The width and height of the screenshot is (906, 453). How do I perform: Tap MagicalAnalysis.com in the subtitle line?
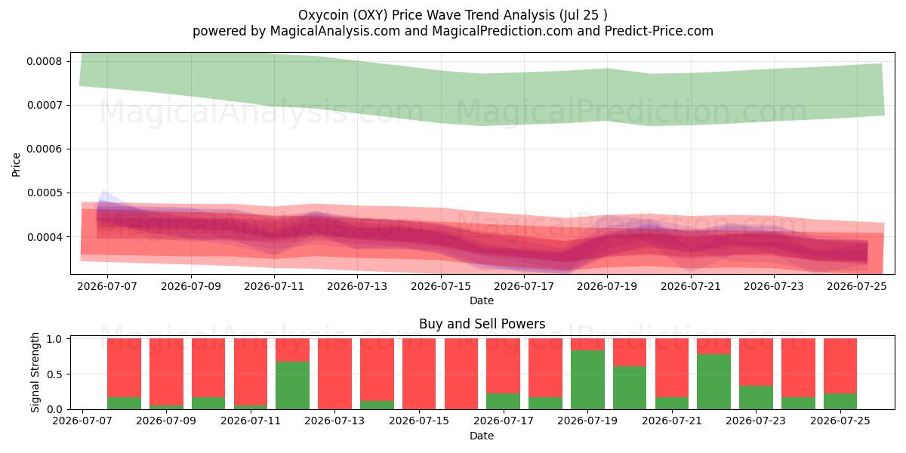click(335, 31)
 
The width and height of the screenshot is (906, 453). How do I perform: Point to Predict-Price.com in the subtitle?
click(659, 31)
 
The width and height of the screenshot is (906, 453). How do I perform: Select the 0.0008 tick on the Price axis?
click(45, 61)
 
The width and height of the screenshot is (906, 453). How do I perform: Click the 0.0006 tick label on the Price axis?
click(45, 149)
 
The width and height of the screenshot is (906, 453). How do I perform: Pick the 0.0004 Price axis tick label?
click(45, 237)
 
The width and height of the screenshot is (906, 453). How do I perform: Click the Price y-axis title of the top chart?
click(16, 165)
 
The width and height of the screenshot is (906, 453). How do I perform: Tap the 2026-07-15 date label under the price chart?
click(441, 286)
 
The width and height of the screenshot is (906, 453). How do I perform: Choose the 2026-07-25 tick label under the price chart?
click(857, 286)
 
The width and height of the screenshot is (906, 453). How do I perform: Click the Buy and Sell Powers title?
click(482, 324)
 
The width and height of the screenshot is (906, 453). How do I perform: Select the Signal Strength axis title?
click(35, 372)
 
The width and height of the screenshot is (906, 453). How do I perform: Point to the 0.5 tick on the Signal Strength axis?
click(54, 374)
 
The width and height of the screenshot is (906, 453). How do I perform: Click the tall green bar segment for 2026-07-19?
click(587, 380)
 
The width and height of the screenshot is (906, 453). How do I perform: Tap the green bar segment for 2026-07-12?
click(292, 386)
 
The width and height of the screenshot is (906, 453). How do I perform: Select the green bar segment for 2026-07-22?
click(714, 382)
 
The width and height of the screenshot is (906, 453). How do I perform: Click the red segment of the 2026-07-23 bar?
click(756, 362)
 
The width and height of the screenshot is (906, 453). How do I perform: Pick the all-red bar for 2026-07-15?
click(419, 374)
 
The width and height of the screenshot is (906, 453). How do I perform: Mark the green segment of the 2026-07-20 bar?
click(630, 388)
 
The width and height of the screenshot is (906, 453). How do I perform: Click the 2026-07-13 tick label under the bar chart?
click(334, 421)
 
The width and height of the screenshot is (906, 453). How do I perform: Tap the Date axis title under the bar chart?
click(482, 436)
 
